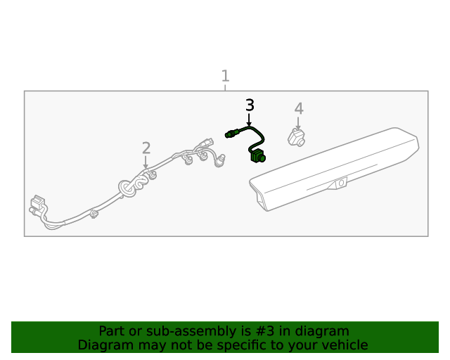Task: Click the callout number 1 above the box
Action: coord(225,76)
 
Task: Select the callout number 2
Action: coord(146,148)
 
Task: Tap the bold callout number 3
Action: coord(250,105)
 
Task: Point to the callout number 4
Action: coord(299,108)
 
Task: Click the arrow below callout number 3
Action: coord(249,120)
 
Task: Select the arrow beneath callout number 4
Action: coord(298,123)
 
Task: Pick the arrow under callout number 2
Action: coord(146,162)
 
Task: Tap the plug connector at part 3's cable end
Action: coord(232,134)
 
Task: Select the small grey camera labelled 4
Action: coord(297,138)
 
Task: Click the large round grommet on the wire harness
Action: coord(127,188)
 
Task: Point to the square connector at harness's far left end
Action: coord(37,202)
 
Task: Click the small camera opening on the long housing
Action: coord(341,183)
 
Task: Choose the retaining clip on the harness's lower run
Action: coord(94,214)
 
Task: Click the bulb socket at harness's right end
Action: coord(220,160)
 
